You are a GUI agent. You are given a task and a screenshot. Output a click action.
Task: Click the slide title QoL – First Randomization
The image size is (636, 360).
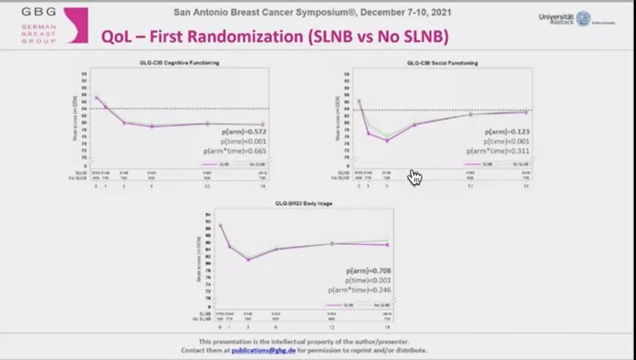[x=274, y=36]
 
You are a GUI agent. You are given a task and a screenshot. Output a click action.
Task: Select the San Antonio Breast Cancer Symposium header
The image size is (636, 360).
[x=312, y=12]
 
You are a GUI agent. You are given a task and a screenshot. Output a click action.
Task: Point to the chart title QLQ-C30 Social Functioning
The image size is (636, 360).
[x=442, y=63]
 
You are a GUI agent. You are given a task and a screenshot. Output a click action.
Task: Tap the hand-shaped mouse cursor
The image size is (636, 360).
[x=415, y=177]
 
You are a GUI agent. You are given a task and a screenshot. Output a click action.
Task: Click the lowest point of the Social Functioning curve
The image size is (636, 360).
[x=387, y=140]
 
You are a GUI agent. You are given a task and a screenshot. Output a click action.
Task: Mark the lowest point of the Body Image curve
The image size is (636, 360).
[x=248, y=260]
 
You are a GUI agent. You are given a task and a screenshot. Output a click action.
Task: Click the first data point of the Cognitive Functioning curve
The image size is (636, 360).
[x=96, y=97]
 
